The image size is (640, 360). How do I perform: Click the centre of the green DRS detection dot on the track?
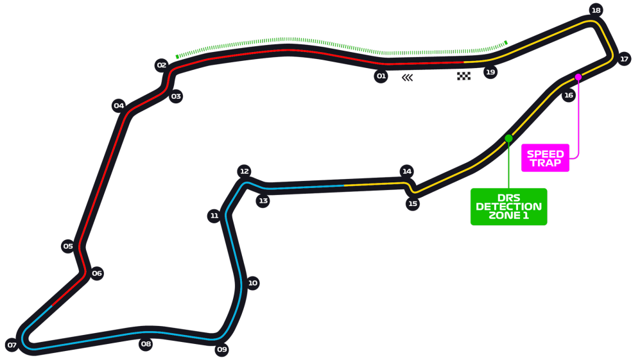[508, 139]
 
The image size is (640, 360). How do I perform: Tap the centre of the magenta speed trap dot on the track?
[578, 77]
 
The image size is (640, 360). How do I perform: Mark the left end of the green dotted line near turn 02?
[177, 56]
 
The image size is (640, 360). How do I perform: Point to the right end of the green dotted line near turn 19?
[506, 42]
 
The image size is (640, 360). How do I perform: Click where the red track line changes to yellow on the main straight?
[463, 62]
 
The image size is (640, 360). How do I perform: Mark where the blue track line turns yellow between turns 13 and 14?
[344, 185]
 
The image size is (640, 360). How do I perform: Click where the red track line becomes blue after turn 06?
[52, 305]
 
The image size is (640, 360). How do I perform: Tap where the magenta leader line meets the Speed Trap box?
[569, 158]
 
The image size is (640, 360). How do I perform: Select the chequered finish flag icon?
[463, 76]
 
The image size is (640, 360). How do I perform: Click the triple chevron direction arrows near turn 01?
[408, 78]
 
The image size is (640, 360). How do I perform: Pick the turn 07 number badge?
[12, 345]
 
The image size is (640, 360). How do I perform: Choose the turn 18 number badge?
[596, 10]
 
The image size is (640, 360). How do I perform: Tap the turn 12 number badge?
[244, 171]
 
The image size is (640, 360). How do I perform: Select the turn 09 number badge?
[221, 349]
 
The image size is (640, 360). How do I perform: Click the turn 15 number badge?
[413, 203]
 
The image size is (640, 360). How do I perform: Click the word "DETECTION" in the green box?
[508, 207]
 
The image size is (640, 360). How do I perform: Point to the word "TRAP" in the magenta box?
[545, 163]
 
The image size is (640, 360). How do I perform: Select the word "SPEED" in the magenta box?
[545, 154]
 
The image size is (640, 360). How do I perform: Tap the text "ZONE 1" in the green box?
[508, 215]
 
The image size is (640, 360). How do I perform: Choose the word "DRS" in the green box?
[509, 198]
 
